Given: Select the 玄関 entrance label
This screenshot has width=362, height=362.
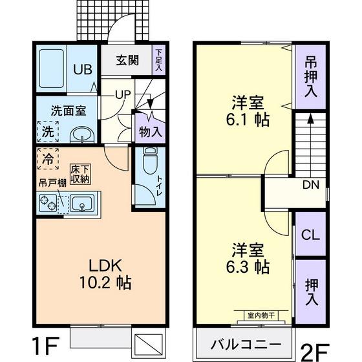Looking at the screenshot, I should click(127, 61).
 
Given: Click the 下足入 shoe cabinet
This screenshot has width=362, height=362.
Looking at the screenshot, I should click(158, 59).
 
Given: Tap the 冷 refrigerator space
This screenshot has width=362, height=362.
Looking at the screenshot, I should click(48, 157).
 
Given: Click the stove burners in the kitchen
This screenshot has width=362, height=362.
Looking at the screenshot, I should click(48, 205).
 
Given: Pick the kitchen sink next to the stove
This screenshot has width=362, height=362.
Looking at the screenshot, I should click(82, 205).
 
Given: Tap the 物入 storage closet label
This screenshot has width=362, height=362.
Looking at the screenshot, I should click(151, 131).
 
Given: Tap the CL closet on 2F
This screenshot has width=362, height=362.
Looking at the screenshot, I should click(311, 235).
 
